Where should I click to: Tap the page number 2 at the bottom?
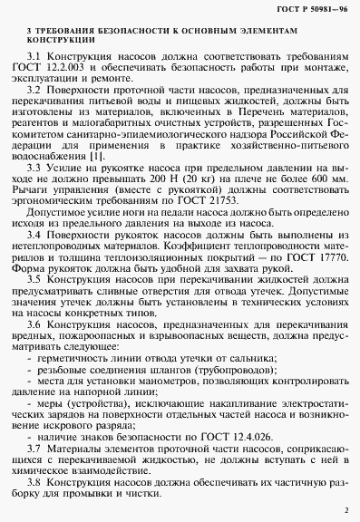345,511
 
